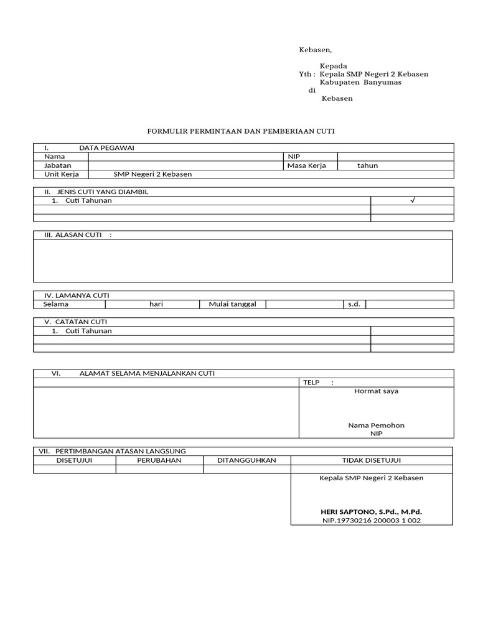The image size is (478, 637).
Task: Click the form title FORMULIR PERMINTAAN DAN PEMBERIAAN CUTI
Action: point(240,131)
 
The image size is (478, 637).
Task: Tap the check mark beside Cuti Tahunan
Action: point(412,201)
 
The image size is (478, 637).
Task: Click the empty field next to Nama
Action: point(185,157)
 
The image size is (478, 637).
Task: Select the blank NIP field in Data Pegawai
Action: point(395,157)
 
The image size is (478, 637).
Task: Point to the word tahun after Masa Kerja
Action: point(367,165)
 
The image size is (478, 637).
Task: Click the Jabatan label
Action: point(57,165)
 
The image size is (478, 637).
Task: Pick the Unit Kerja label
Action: point(61,174)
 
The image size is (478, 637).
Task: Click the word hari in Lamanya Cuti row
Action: point(156,304)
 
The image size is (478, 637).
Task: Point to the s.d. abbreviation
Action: point(354,304)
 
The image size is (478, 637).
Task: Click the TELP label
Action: point(311,383)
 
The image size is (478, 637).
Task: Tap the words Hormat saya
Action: point(376,391)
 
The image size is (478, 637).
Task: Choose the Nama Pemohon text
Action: point(376,425)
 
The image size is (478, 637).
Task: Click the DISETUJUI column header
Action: point(75,460)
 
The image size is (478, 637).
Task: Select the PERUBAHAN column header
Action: point(159,460)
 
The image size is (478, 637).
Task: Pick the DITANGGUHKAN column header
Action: point(246,460)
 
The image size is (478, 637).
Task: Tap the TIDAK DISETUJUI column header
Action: point(372,460)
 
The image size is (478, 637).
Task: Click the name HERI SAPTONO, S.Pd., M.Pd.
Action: point(372,511)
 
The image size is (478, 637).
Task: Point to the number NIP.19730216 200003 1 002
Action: point(372,520)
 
